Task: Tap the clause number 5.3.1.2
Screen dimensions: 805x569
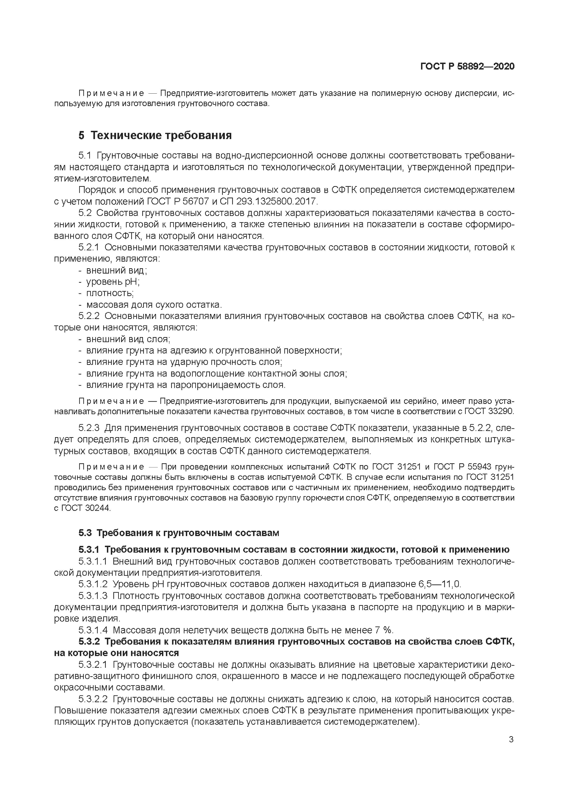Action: pyautogui.click(x=92, y=584)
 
